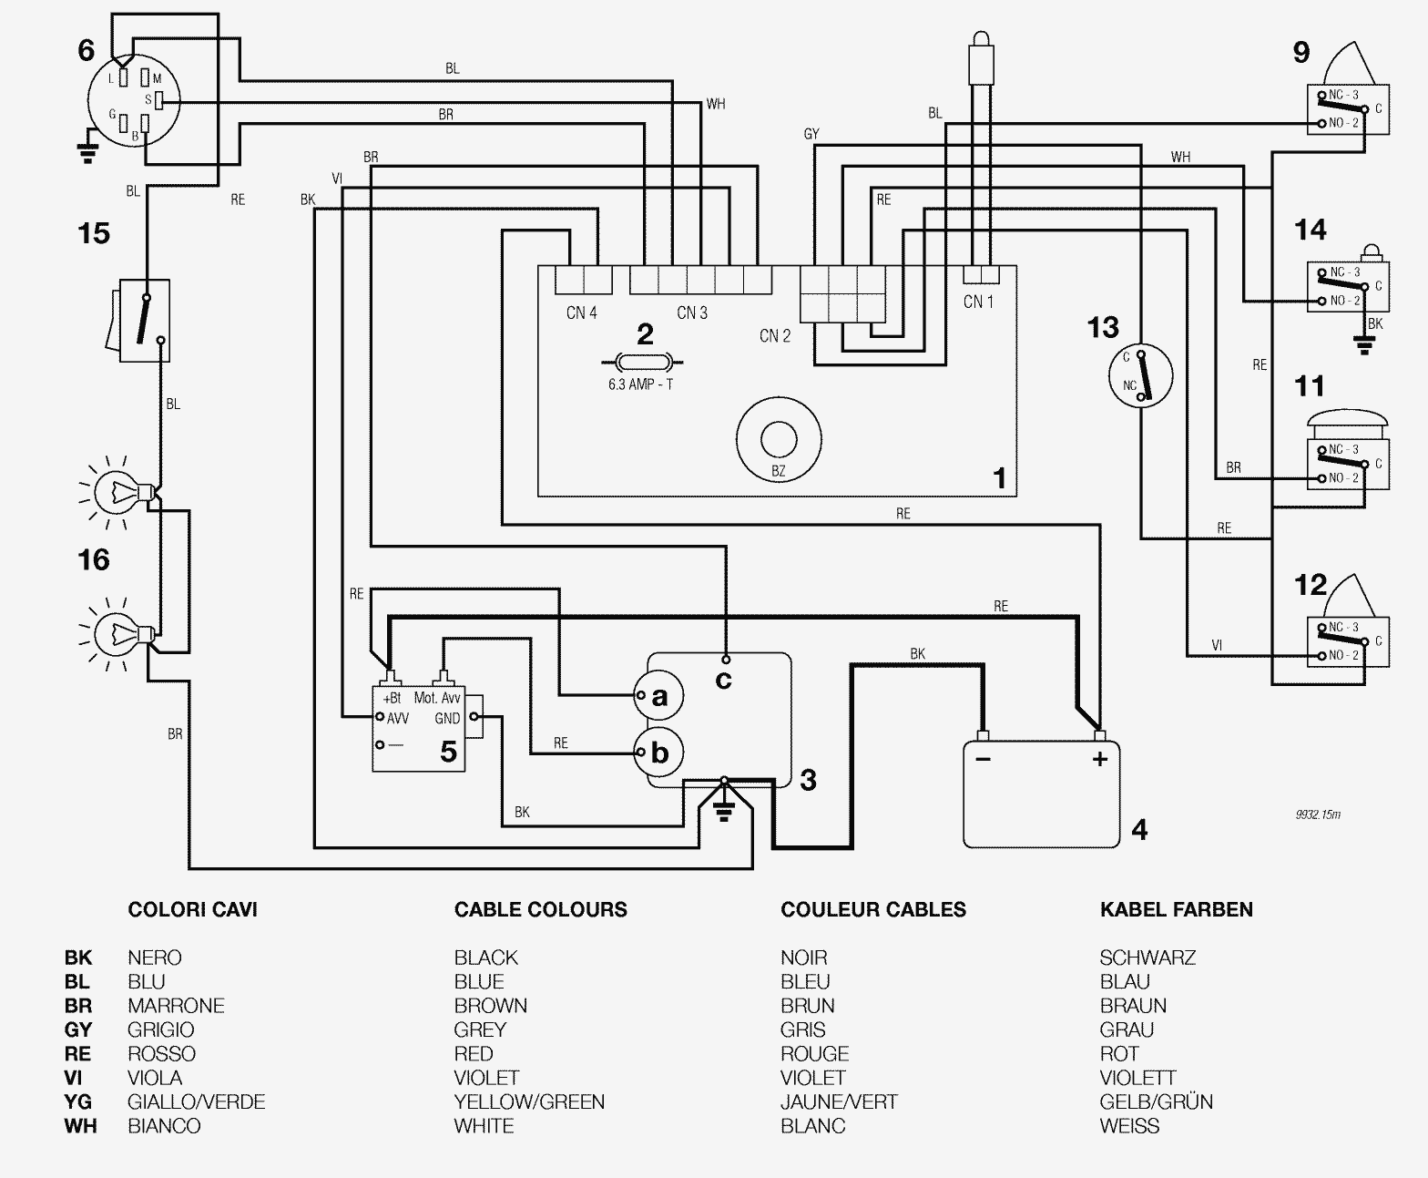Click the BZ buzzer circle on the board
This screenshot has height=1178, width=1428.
tap(778, 440)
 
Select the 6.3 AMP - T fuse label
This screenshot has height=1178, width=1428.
tap(640, 384)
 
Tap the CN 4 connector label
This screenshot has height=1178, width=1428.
tap(581, 312)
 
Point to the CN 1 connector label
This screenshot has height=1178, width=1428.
tap(979, 302)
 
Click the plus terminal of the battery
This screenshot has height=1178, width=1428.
tap(1099, 758)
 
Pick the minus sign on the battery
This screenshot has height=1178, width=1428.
tap(983, 758)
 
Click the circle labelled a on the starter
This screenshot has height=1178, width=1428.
tap(658, 697)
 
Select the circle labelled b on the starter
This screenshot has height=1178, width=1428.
tap(658, 753)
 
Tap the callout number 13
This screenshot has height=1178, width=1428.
tap(1103, 326)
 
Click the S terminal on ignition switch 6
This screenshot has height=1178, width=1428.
tap(156, 99)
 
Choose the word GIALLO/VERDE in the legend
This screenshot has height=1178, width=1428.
tap(196, 1101)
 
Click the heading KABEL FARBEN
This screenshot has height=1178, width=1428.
tap(1176, 909)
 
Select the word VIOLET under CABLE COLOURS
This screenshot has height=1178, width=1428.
tap(486, 1078)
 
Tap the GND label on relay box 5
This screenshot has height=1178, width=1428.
tap(447, 718)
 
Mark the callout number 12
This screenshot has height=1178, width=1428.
tap(1310, 584)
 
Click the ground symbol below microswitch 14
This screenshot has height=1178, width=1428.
tap(1363, 345)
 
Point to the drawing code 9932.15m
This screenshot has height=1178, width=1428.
tap(1318, 814)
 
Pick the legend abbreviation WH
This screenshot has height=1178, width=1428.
tap(80, 1126)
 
